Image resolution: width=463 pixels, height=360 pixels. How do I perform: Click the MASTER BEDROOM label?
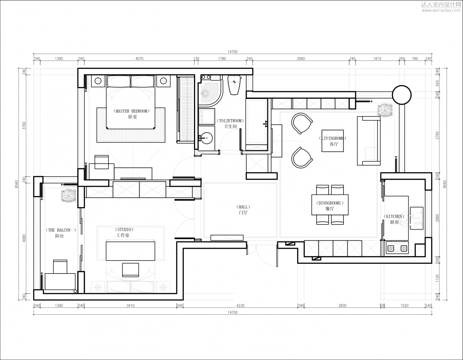(132, 111)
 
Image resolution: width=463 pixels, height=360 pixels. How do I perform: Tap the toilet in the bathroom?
(234, 85)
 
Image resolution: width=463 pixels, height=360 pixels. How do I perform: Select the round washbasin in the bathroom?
(206, 138)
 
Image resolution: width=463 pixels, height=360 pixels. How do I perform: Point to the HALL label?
(243, 207)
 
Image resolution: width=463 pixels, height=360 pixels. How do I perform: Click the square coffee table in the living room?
(333, 141)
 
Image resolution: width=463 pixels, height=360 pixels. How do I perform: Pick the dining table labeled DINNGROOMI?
(330, 205)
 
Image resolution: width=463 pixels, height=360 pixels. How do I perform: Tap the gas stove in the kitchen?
(398, 248)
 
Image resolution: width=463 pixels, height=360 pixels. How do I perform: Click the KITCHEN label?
(394, 216)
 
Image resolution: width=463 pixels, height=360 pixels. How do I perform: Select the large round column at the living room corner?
(402, 95)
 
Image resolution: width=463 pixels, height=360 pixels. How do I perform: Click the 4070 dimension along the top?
(139, 59)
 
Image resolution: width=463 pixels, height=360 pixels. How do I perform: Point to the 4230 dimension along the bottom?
(240, 305)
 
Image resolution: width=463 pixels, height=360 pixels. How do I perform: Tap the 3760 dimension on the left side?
(24, 126)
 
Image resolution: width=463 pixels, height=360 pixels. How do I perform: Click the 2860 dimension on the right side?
(437, 218)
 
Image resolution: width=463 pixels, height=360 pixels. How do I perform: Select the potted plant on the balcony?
(69, 195)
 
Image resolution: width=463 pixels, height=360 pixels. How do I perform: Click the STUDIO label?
(124, 229)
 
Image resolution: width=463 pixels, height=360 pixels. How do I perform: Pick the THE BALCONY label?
(61, 230)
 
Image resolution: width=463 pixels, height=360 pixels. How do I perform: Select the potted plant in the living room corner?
(385, 110)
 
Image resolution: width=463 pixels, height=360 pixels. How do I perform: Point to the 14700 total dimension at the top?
(233, 52)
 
